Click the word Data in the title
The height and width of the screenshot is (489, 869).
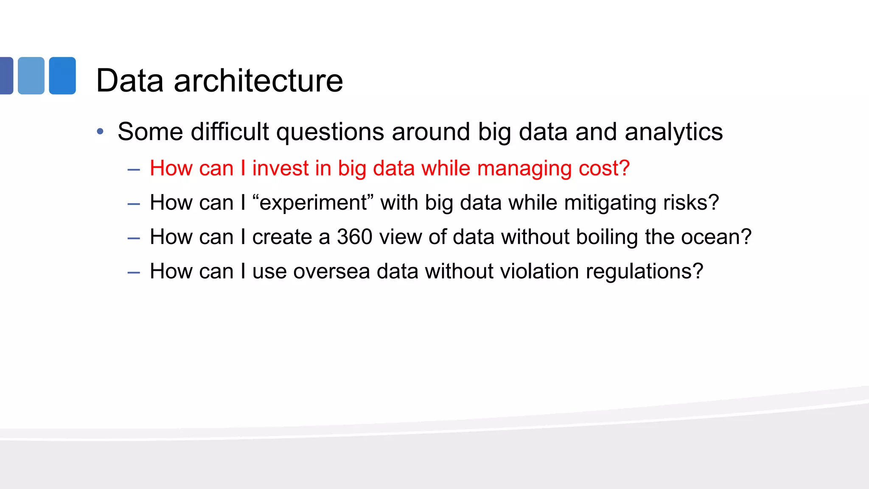pyautogui.click(x=129, y=81)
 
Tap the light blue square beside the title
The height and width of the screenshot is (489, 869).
pyautogui.click(x=31, y=76)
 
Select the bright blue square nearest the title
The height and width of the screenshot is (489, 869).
pyautogui.click(x=62, y=76)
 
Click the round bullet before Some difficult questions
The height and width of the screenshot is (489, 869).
pyautogui.click(x=100, y=132)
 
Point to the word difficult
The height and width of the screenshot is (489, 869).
pyautogui.click(x=230, y=132)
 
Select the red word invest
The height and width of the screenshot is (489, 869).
pyautogui.click(x=280, y=168)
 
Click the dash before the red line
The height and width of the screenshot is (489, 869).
pyautogui.click(x=134, y=170)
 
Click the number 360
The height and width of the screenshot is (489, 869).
pyautogui.click(x=355, y=237)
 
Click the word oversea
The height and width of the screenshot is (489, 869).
pyautogui.click(x=331, y=272)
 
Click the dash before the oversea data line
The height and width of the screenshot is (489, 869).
pyautogui.click(x=134, y=273)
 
